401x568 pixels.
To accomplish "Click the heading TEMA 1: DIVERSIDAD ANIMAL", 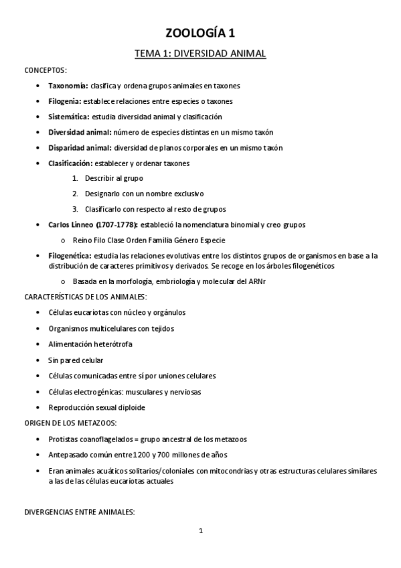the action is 200,54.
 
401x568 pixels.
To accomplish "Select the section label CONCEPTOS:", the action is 45,70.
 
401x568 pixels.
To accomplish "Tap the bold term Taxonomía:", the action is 68,86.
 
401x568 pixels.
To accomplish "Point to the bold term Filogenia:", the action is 65,101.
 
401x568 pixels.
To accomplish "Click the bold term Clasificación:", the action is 72,163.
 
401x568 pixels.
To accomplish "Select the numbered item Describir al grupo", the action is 114,178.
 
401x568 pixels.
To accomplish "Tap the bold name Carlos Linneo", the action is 71,224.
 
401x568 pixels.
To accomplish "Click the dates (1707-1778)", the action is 116,224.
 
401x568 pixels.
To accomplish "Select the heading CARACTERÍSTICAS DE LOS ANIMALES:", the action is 85,296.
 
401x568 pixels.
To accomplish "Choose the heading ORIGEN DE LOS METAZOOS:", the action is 70,423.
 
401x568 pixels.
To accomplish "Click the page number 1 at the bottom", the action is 200,532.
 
